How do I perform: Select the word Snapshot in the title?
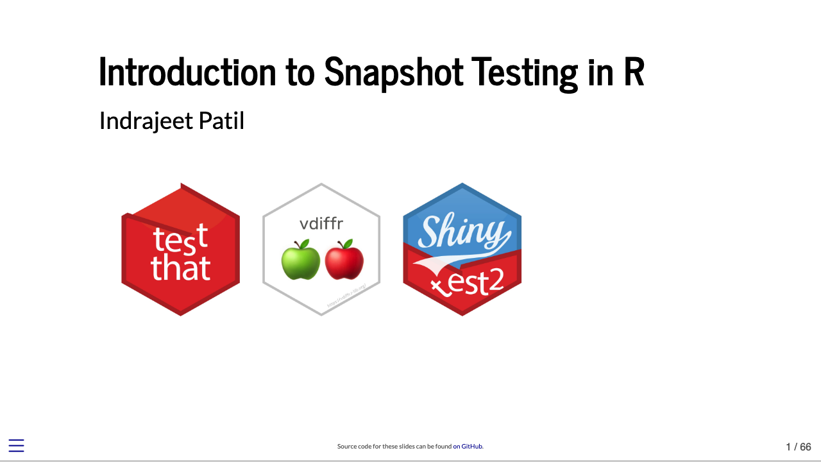(393, 72)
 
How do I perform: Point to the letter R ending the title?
(633, 72)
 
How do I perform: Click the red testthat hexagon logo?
(180, 250)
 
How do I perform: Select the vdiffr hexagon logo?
(321, 250)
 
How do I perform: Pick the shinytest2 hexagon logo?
(462, 250)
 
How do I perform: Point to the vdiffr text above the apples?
(321, 224)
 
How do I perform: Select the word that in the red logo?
(180, 268)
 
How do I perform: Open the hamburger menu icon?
(16, 446)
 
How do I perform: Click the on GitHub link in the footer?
(468, 447)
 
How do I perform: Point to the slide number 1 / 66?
(799, 447)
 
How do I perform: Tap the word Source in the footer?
(346, 447)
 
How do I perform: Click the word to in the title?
(300, 72)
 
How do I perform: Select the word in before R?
(600, 72)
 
